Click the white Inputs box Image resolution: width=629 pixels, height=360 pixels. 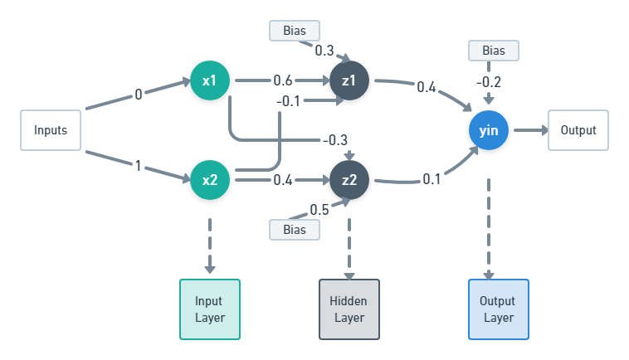click(51, 130)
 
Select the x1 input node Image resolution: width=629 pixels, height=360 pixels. click(209, 81)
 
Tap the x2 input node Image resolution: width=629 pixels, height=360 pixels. click(209, 179)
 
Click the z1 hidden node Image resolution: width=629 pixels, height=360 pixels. click(349, 81)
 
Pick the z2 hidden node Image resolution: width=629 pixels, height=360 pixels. click(349, 179)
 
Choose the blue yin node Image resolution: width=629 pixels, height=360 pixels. click(488, 130)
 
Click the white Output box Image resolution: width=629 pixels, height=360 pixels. click(578, 130)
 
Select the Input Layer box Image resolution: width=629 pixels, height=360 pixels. click(209, 309)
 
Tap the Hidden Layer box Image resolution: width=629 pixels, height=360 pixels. click(349, 309)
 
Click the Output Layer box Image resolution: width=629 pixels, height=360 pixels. click(498, 309)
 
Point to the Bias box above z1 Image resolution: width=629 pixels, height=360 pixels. click(295, 31)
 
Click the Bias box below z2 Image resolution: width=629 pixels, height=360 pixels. click(295, 229)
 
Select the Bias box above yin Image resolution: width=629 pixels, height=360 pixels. click(494, 51)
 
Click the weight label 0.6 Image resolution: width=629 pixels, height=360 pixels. click(283, 81)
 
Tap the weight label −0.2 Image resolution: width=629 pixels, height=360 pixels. click(488, 81)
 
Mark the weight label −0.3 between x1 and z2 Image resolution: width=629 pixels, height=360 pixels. click(335, 139)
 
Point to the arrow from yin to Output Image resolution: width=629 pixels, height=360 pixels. click(529, 130)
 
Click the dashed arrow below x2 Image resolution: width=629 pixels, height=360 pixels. click(209, 246)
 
